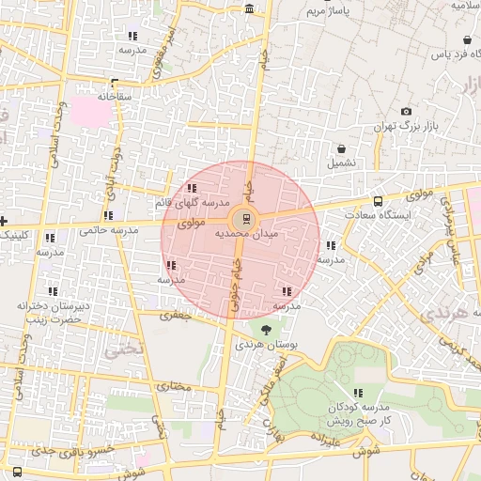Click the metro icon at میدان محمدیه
(246, 220)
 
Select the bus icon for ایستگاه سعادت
(379, 201)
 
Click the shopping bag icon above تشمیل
(340, 148)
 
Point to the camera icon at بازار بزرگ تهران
(407, 111)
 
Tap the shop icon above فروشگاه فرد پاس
(468, 40)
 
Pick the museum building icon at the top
(248, 8)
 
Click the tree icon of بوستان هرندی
(267, 330)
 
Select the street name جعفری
(174, 315)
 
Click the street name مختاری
(174, 386)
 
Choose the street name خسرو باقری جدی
(72, 451)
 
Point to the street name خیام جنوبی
(234, 276)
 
